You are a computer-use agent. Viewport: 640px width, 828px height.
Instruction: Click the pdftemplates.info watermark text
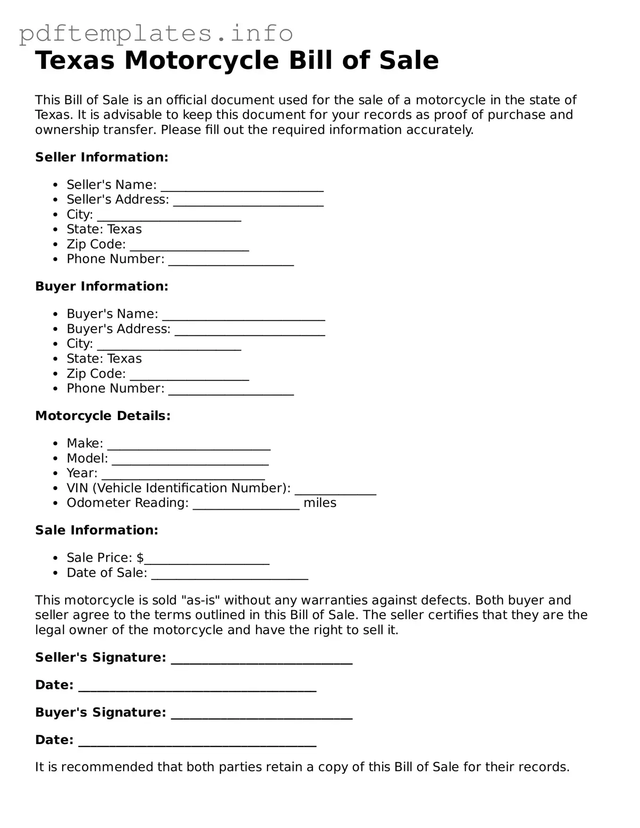[x=156, y=33]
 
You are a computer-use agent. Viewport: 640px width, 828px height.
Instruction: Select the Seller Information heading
[x=101, y=157]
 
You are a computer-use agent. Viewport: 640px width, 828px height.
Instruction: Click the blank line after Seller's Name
[x=242, y=189]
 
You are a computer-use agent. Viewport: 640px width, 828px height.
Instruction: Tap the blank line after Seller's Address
[x=248, y=204]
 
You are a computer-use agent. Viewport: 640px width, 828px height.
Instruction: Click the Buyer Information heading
[x=101, y=286]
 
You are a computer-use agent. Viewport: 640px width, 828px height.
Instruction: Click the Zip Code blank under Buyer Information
[x=189, y=377]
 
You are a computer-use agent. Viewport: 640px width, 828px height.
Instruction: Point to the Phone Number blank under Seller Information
[x=231, y=263]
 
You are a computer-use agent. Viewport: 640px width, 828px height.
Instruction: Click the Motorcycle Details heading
[x=103, y=416]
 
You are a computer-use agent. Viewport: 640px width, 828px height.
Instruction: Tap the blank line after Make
[x=189, y=447]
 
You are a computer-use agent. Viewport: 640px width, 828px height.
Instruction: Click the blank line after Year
[x=183, y=477]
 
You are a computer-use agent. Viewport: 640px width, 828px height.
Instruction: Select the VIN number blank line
[x=335, y=492]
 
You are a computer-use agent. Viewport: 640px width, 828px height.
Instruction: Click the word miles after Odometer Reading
[x=320, y=503]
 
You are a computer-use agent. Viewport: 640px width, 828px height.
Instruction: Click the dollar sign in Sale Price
[x=140, y=558]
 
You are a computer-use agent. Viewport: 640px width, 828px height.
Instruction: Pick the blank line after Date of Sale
[x=230, y=576]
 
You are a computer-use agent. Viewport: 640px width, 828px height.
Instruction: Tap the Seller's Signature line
[x=262, y=661]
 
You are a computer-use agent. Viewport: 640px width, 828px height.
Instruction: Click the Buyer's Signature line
[x=262, y=716]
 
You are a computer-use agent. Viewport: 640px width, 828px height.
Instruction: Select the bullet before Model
[x=56, y=459]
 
